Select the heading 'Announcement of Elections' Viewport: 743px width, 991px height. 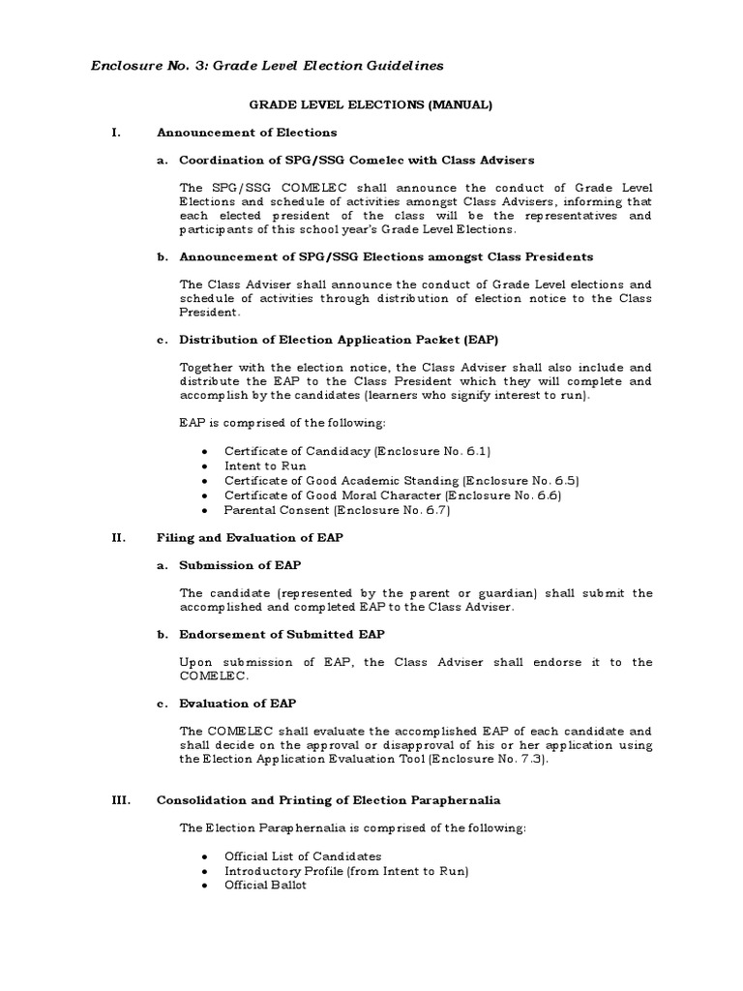pos(247,132)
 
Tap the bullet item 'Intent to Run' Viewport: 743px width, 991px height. pos(265,465)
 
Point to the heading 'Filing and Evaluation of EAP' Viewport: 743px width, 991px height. pos(250,536)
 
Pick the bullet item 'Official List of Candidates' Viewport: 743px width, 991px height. pos(303,856)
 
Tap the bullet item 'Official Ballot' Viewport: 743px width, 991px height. pos(265,885)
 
